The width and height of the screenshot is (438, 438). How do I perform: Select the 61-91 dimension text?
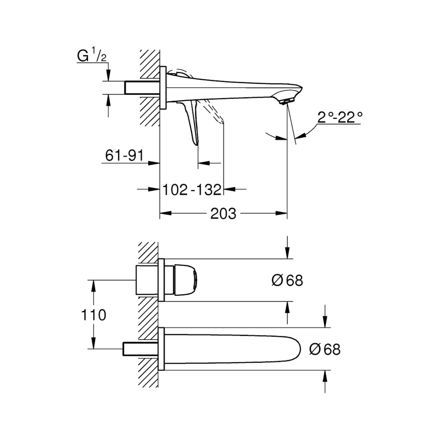point(124,155)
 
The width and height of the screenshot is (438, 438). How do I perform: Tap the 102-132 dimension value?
point(192,190)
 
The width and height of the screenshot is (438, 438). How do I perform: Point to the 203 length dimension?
point(223,214)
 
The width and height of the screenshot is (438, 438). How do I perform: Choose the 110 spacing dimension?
point(93,315)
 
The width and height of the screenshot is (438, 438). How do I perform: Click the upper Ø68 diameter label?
point(287,280)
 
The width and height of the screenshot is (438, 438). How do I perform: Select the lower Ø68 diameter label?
point(325,349)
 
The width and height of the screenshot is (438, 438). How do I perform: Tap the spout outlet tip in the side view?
point(286,102)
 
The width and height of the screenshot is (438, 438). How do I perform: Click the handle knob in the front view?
point(186,280)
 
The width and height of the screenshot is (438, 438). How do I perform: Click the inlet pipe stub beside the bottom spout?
point(141,349)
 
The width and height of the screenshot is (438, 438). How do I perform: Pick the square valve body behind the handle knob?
point(147,280)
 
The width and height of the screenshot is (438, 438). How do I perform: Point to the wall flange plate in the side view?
point(163,88)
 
